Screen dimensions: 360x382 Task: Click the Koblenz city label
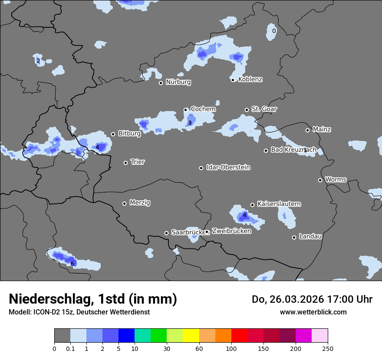[250, 79]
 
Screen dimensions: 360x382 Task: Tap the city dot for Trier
[126, 163]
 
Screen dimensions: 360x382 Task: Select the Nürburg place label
[178, 82]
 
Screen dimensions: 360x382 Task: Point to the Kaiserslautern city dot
[252, 205]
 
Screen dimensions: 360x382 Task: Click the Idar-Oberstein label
[228, 167]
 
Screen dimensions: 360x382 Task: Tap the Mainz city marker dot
[307, 130]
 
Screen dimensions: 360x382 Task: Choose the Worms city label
[336, 180]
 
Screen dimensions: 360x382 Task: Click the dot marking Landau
[294, 237]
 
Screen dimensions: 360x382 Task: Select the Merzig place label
[140, 203]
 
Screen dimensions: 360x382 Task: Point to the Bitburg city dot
[113, 134]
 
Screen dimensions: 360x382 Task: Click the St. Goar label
[264, 109]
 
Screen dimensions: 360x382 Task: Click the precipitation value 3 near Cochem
[190, 123]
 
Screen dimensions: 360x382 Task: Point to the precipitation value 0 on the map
[273, 31]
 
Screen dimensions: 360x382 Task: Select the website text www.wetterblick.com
[313, 312]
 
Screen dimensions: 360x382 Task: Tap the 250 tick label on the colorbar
[327, 348]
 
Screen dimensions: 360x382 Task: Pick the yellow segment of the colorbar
[191, 335]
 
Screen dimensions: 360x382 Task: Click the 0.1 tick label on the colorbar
[70, 348]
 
